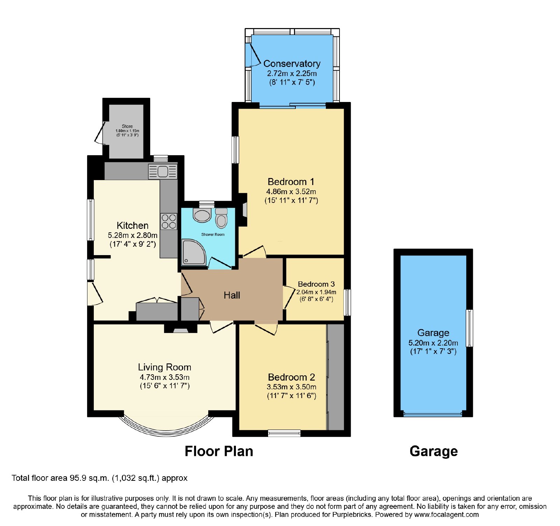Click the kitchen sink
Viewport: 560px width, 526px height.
point(163,172)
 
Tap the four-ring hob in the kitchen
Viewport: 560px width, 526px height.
point(169,221)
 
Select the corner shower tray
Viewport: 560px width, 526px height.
point(194,252)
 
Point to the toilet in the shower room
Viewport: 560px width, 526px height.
point(221,218)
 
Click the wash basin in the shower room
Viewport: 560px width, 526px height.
point(202,215)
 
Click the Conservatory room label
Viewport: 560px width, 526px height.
point(292,63)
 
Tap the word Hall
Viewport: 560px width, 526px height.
point(232,295)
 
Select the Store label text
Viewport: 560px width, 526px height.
point(127,126)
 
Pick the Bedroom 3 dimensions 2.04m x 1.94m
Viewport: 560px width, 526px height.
point(316,292)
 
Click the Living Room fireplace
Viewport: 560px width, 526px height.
point(181,328)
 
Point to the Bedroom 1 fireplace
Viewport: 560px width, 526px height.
point(243,210)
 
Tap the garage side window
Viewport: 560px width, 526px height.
point(469,328)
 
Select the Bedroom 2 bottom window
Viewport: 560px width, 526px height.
point(284,433)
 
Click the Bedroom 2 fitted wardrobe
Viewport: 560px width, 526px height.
point(335,377)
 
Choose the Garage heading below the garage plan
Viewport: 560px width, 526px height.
point(434,451)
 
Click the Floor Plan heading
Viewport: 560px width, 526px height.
point(219,451)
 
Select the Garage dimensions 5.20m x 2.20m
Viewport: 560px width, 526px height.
point(433,343)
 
